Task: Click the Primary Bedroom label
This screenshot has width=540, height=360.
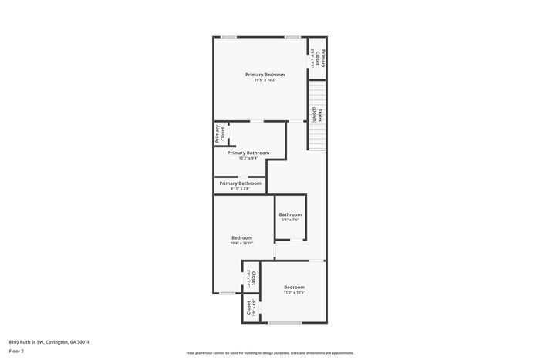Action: pyautogui.click(x=265, y=75)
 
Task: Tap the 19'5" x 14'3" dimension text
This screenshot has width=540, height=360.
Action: pyautogui.click(x=265, y=80)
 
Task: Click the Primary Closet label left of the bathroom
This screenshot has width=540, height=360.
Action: pyautogui.click(x=220, y=133)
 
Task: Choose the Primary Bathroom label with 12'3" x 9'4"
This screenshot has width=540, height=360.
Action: pyautogui.click(x=248, y=153)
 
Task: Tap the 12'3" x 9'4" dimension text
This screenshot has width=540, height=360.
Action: pyautogui.click(x=248, y=159)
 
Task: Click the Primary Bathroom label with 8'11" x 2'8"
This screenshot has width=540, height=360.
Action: pyautogui.click(x=240, y=183)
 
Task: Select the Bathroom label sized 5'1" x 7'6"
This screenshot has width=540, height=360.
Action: pyautogui.click(x=290, y=214)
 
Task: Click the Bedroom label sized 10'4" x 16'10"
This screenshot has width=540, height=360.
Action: pyautogui.click(x=241, y=237)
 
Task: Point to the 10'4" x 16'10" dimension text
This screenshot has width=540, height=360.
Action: pyautogui.click(x=241, y=243)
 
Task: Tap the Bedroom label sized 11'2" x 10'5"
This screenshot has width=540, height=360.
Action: pyautogui.click(x=294, y=288)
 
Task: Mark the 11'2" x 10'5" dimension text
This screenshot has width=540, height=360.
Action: pyautogui.click(x=294, y=293)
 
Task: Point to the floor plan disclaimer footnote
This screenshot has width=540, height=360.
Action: pyautogui.click(x=269, y=352)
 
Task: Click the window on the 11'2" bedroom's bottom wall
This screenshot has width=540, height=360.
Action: pyautogui.click(x=284, y=322)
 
